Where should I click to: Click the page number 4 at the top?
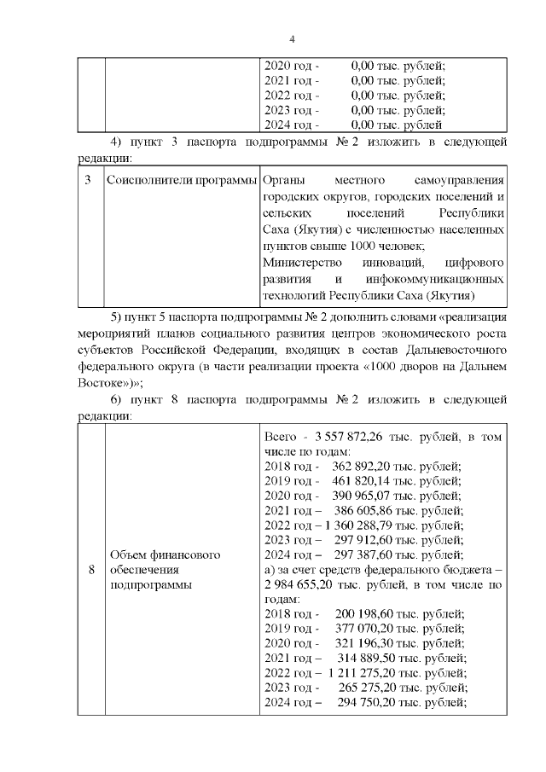[x=292, y=39]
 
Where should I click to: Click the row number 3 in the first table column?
[x=90, y=182]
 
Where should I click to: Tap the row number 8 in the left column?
[x=90, y=571]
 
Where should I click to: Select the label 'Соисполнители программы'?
[x=181, y=182]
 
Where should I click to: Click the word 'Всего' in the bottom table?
[x=282, y=437]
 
